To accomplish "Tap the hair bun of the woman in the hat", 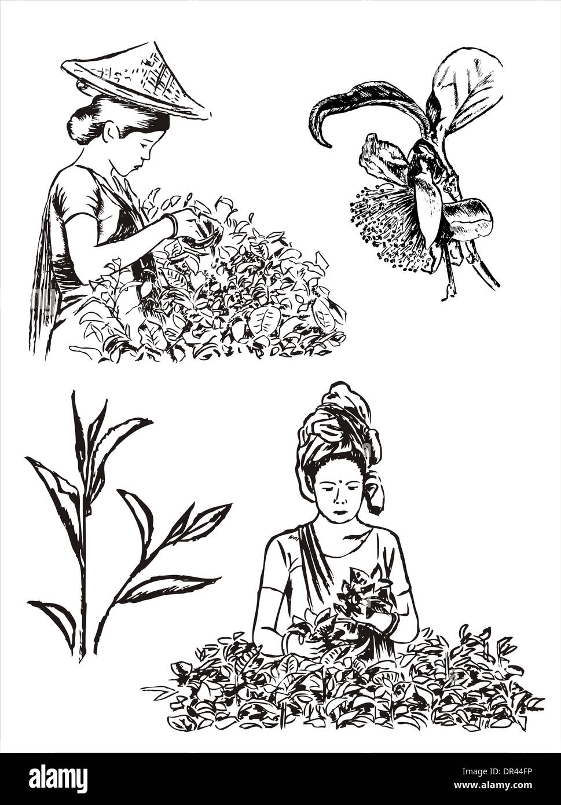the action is [81, 126].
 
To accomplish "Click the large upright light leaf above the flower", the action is [467, 90].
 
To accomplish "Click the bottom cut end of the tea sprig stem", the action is [83, 658].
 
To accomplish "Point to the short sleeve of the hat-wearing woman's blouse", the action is [77, 202].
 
